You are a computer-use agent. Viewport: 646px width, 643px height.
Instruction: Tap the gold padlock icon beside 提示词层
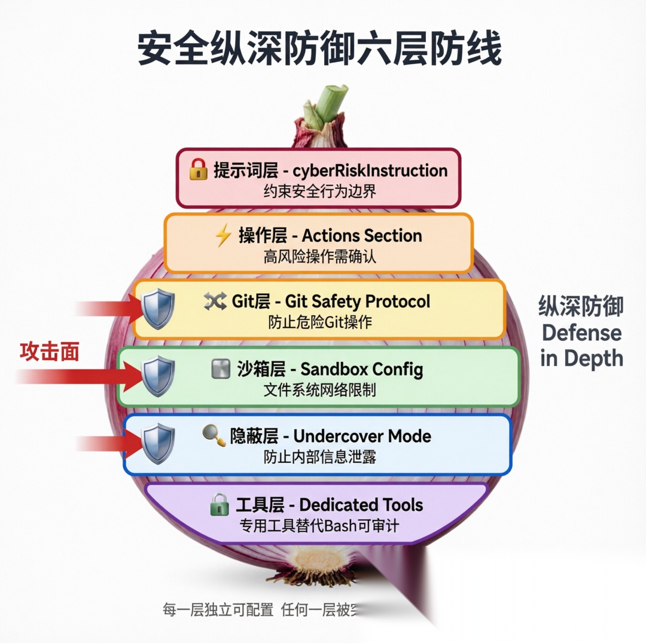tap(199, 170)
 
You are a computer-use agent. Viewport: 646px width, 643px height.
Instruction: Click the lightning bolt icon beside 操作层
tap(223, 236)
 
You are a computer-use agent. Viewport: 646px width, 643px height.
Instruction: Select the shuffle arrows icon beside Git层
tap(214, 301)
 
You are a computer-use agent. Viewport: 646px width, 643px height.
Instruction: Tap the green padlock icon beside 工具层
tap(220, 505)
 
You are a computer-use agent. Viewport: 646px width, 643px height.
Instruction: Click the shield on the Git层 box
tap(158, 308)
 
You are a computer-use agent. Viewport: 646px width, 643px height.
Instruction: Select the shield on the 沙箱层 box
tap(158, 376)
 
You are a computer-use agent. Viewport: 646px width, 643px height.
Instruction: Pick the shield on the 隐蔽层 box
tap(158, 443)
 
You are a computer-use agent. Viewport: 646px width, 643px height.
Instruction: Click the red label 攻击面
tap(50, 352)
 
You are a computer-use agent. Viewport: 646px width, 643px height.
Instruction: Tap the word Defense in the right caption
tap(581, 333)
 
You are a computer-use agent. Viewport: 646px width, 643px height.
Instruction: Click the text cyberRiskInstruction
tap(370, 170)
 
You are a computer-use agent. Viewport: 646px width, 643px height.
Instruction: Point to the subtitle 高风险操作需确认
tap(320, 257)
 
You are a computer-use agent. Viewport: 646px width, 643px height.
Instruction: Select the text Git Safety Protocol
tap(357, 301)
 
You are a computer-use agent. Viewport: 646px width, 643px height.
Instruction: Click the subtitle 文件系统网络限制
tap(320, 391)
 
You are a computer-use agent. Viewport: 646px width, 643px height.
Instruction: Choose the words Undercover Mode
tap(362, 436)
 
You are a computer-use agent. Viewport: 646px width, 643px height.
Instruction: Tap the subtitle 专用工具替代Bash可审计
tap(320, 526)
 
